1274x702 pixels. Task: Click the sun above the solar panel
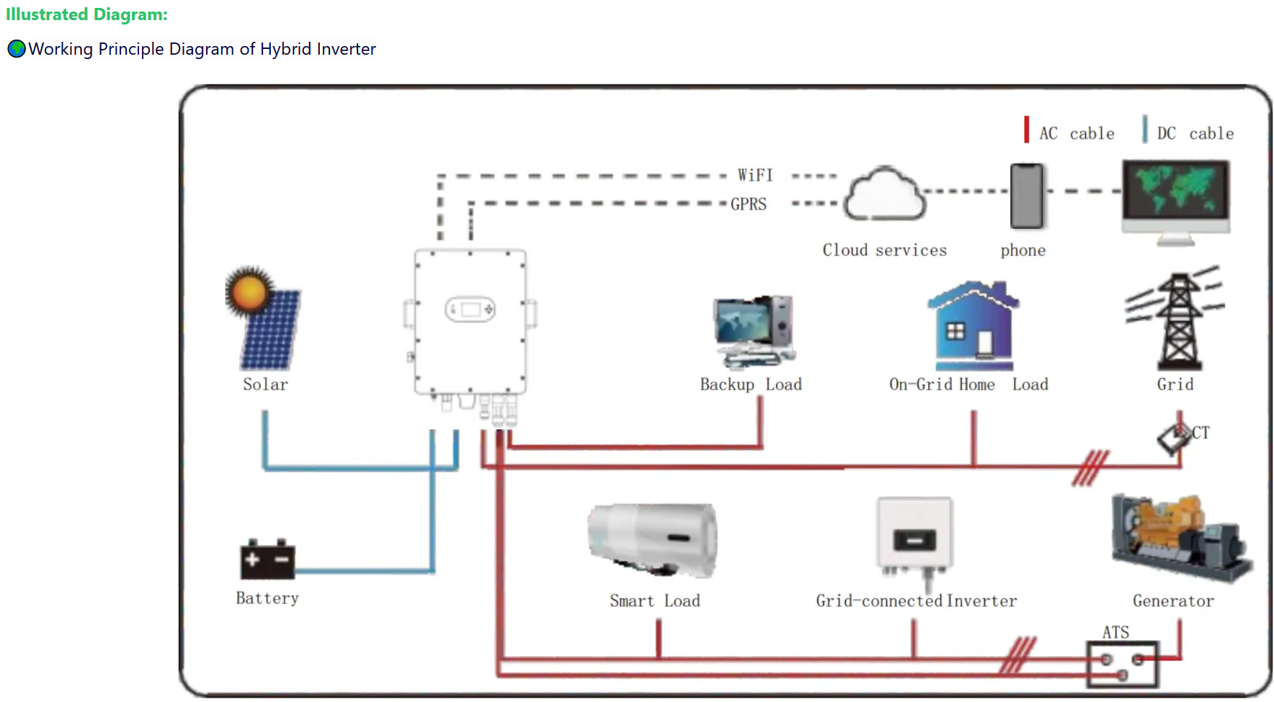[x=249, y=292]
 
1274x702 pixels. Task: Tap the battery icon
[x=267, y=559]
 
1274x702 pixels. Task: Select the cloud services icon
[x=884, y=194]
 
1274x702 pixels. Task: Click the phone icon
[x=1026, y=196]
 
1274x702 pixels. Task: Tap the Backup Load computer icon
[x=754, y=330]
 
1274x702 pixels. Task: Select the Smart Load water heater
[x=653, y=539]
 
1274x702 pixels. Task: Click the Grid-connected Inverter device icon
[x=914, y=536]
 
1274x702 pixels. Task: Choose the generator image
[x=1180, y=536]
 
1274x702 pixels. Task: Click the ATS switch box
[x=1122, y=663]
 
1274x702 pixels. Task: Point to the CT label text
[x=1200, y=433]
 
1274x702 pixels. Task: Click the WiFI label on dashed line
[x=754, y=176]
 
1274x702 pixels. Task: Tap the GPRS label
[x=749, y=204]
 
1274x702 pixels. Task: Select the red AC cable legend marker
[x=1026, y=130]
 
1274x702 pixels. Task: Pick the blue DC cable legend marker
[x=1144, y=130]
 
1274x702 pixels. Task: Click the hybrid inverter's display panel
[x=470, y=310]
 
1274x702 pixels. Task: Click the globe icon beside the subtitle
[x=17, y=49]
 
